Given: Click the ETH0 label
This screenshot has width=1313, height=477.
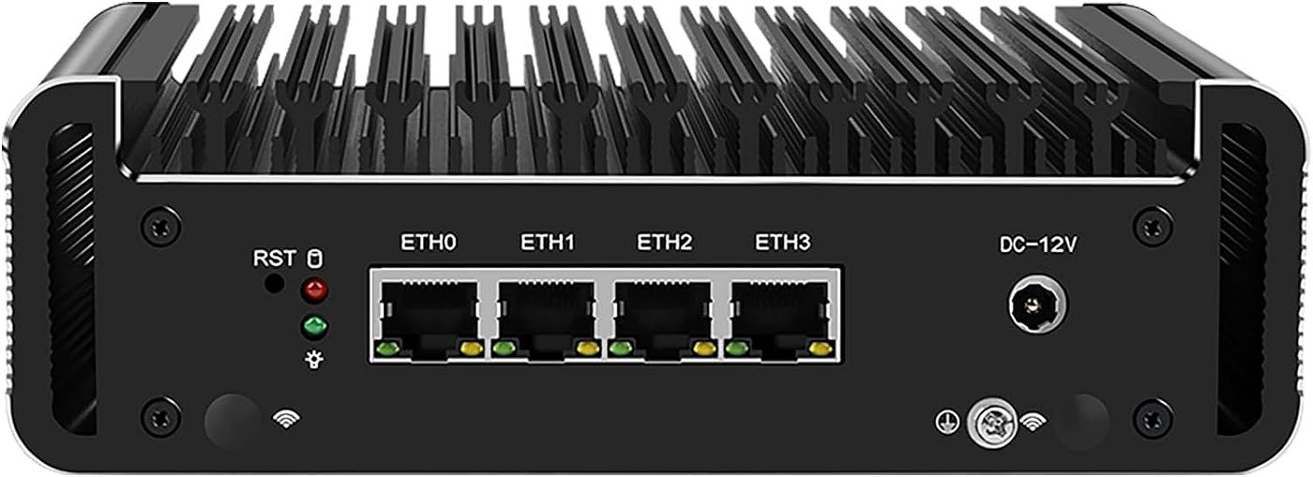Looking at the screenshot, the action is coord(428,242).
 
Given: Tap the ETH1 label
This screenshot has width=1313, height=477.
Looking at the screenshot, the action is coord(548,242).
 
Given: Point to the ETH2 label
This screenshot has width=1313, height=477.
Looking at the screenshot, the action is coord(665,242).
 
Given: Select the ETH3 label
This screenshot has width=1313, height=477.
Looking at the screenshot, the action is coord(782,242).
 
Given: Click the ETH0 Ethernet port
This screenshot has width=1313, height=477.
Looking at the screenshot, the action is coord(430,319).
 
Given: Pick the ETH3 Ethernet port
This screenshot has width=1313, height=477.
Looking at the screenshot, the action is coord(780,319).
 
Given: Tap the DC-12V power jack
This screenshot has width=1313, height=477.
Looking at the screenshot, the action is coord(1037,306).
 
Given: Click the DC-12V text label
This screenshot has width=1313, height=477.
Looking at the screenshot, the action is coord(1037,245).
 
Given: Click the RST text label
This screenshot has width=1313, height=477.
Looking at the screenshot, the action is coord(274,259).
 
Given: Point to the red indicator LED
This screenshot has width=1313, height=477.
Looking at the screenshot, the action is coord(315,291).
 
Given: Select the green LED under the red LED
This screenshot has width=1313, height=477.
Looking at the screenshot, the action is coord(315,327).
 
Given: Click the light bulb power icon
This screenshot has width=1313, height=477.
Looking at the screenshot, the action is coord(315,359).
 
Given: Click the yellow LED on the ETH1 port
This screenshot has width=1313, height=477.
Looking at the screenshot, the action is coord(588,349).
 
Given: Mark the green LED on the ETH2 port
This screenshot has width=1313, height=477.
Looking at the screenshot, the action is coord(619,349).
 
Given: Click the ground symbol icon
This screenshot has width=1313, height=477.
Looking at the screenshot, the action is coord(947,422).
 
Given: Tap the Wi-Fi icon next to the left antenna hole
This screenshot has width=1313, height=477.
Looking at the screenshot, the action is coord(286,418).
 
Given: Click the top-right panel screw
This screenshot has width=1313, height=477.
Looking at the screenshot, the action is coord(1153,226).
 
